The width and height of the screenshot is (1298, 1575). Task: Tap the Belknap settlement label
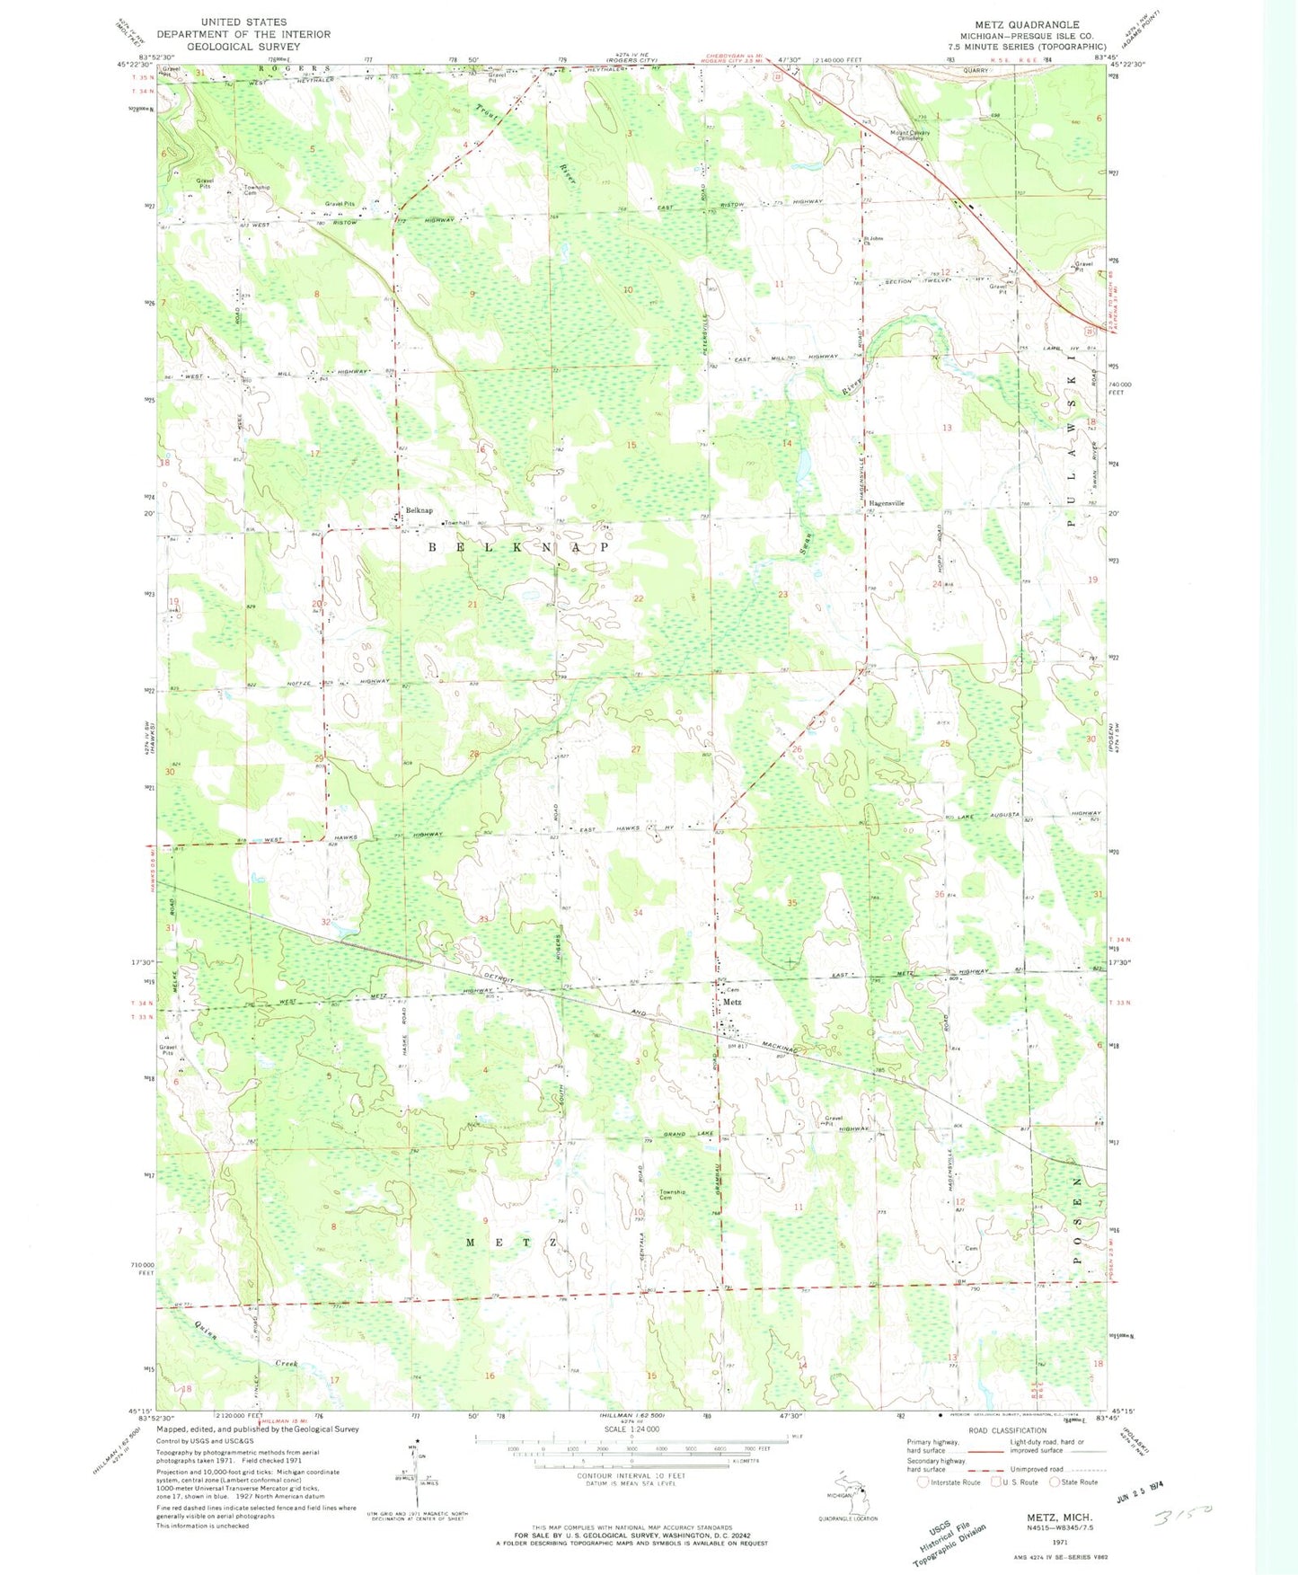[x=419, y=510]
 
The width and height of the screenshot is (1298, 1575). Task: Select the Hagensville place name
[x=886, y=503]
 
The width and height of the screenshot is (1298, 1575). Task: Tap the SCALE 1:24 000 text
[x=632, y=1429]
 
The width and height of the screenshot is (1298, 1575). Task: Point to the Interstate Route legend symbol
[x=923, y=1482]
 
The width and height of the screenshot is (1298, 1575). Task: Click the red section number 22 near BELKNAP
[x=639, y=598]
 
